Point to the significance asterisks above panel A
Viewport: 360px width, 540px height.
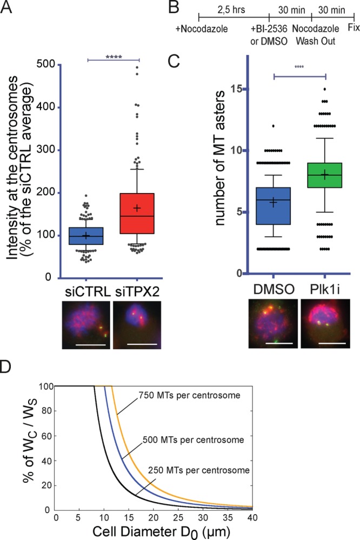point(114,55)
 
